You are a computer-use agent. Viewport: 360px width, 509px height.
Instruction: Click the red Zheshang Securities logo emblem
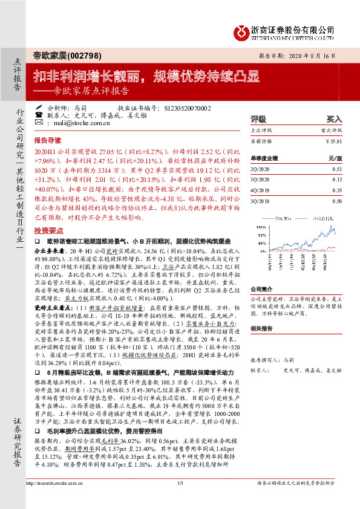pos(241,30)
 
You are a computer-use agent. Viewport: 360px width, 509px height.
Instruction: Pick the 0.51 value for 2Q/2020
pos(338,170)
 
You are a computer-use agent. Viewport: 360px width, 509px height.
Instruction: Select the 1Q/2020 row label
pos(260,179)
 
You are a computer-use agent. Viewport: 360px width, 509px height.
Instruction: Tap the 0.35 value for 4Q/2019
pos(338,189)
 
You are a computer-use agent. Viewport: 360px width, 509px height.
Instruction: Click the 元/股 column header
pos(336,158)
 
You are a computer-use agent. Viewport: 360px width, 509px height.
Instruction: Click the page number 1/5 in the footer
pos(180,499)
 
